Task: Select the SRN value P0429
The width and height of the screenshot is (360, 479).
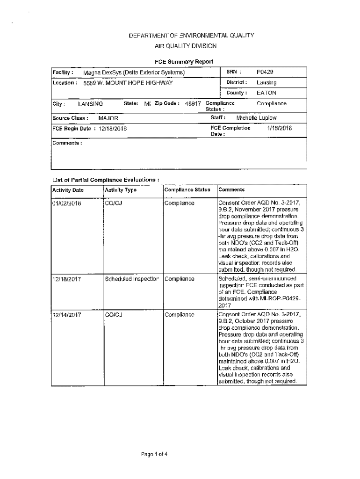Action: (265, 72)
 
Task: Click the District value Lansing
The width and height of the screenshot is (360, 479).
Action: (266, 83)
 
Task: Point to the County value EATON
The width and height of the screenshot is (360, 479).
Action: (266, 93)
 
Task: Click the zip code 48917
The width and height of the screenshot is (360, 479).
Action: (193, 104)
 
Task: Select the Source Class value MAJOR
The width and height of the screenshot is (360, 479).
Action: (108, 119)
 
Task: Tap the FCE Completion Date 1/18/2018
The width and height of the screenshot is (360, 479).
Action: (279, 128)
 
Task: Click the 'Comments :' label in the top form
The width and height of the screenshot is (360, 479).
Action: (67, 143)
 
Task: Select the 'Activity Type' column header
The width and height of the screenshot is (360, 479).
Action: (121, 190)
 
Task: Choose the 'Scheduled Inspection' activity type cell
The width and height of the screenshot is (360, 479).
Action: (132, 279)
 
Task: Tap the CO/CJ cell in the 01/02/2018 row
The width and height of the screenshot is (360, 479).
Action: (114, 203)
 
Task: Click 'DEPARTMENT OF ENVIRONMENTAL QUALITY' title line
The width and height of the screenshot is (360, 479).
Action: (185, 36)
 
